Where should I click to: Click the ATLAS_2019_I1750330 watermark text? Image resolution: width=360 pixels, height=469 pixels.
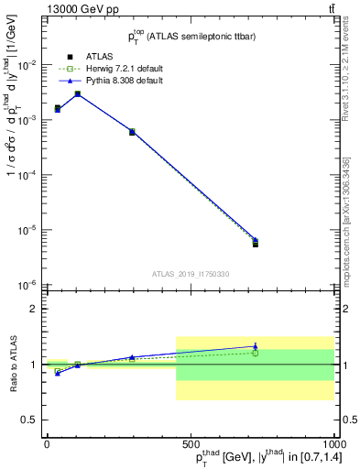point(189,274)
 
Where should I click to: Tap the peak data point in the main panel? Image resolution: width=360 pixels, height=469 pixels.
point(78,93)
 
